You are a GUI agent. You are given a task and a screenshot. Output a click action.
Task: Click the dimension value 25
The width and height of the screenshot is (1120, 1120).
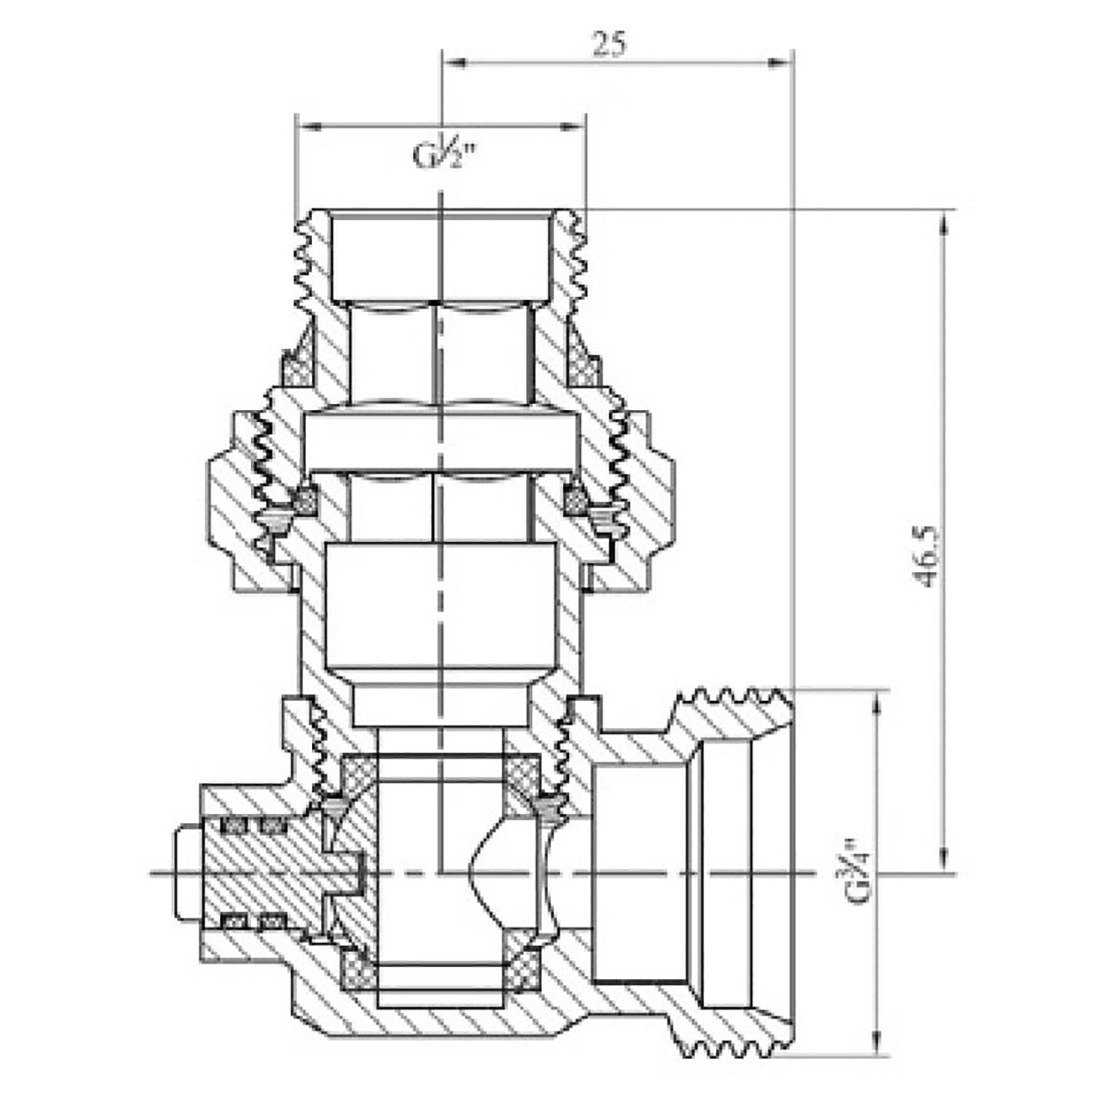[x=610, y=44]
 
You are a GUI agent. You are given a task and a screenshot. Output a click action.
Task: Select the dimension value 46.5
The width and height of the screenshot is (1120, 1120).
[x=928, y=556]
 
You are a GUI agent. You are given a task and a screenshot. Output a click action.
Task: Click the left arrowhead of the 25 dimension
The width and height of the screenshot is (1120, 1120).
[x=455, y=63]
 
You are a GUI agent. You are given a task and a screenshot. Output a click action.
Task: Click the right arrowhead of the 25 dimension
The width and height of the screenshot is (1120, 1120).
[x=780, y=63]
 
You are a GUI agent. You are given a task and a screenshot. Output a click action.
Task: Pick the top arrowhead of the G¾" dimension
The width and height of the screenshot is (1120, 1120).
[x=878, y=703]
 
